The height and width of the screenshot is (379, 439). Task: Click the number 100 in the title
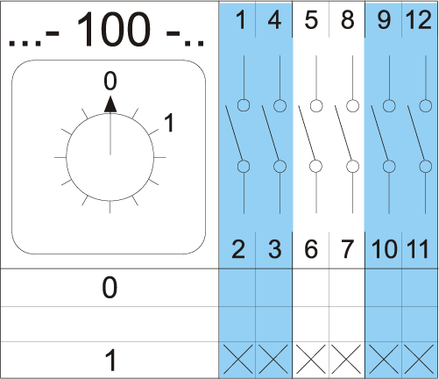113,30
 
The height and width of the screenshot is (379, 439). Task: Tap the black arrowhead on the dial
110,104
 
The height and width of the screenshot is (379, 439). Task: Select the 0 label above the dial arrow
110,81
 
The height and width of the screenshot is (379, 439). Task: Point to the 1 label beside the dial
169,123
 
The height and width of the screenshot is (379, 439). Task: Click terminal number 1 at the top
241,20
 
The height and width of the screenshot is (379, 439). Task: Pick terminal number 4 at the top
274,20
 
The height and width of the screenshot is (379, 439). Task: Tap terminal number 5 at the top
311,20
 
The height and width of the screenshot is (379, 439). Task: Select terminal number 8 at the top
347,20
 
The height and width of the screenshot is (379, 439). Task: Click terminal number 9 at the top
384,20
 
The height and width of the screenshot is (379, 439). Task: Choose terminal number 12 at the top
418,20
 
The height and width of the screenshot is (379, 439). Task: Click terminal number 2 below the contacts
238,249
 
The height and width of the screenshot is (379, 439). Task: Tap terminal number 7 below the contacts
347,249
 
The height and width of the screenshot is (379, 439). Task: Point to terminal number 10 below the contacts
385,249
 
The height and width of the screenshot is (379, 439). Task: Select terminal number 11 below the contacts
418,249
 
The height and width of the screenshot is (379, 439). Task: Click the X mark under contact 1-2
237,359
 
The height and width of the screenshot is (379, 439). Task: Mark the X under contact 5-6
310,359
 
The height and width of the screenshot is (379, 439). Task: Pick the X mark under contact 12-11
419,359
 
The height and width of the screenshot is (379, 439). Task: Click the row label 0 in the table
110,288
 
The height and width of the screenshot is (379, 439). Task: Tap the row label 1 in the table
110,361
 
